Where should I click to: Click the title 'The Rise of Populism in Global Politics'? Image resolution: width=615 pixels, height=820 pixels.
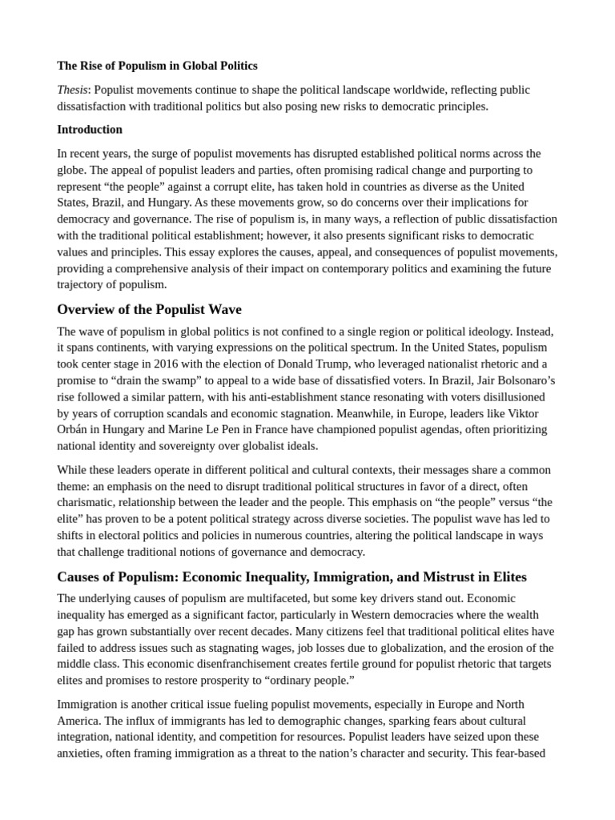(x=157, y=66)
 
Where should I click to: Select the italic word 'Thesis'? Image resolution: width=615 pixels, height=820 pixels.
(x=73, y=90)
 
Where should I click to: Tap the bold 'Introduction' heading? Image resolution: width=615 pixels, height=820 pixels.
(x=90, y=130)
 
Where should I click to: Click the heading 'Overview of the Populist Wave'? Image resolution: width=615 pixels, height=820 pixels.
(x=149, y=310)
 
